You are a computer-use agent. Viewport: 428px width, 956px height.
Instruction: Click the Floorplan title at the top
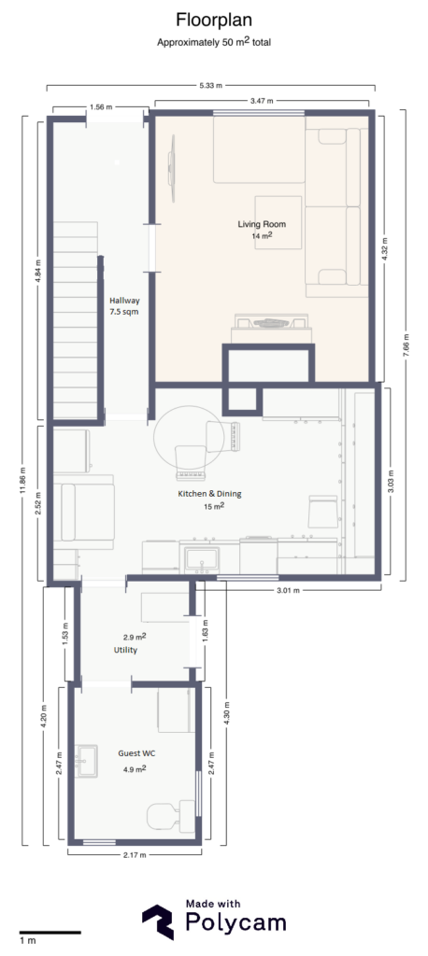point(213,19)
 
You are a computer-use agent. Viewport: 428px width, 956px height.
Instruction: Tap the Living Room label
point(262,224)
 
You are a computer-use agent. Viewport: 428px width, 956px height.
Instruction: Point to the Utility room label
point(126,650)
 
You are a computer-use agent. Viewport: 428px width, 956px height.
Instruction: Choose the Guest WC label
point(136,752)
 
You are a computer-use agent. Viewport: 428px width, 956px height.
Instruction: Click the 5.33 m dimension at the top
point(211,85)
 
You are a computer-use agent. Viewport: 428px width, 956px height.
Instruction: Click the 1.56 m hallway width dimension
point(102,105)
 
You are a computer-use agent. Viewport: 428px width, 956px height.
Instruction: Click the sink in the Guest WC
point(86,760)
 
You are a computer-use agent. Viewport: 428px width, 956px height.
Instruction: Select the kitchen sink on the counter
point(201,561)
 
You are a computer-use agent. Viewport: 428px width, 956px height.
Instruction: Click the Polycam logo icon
point(158,921)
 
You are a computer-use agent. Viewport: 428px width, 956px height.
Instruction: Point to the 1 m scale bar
point(49,932)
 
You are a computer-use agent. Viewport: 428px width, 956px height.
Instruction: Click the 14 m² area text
point(262,237)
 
